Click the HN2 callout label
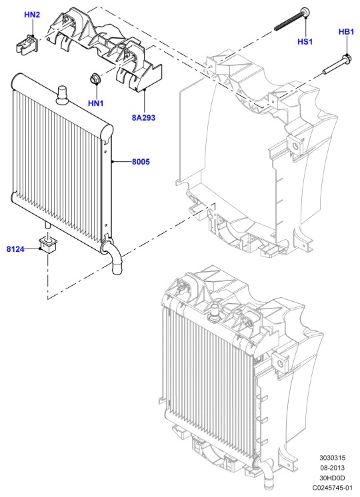pos(32,15)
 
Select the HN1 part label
pos(96,103)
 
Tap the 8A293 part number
pos(144,118)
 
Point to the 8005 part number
pos(141,162)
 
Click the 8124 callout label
pos(15,249)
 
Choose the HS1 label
pos(305,41)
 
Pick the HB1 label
pos(347,32)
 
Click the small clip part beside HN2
pos(26,43)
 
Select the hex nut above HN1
pos(94,79)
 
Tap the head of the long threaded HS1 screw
pos(305,12)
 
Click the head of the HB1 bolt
pos(346,59)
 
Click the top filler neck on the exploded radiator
pos(62,95)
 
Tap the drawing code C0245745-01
pos(333,487)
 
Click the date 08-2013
pos(333,468)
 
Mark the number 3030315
pos(333,458)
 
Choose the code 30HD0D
pos(333,478)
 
